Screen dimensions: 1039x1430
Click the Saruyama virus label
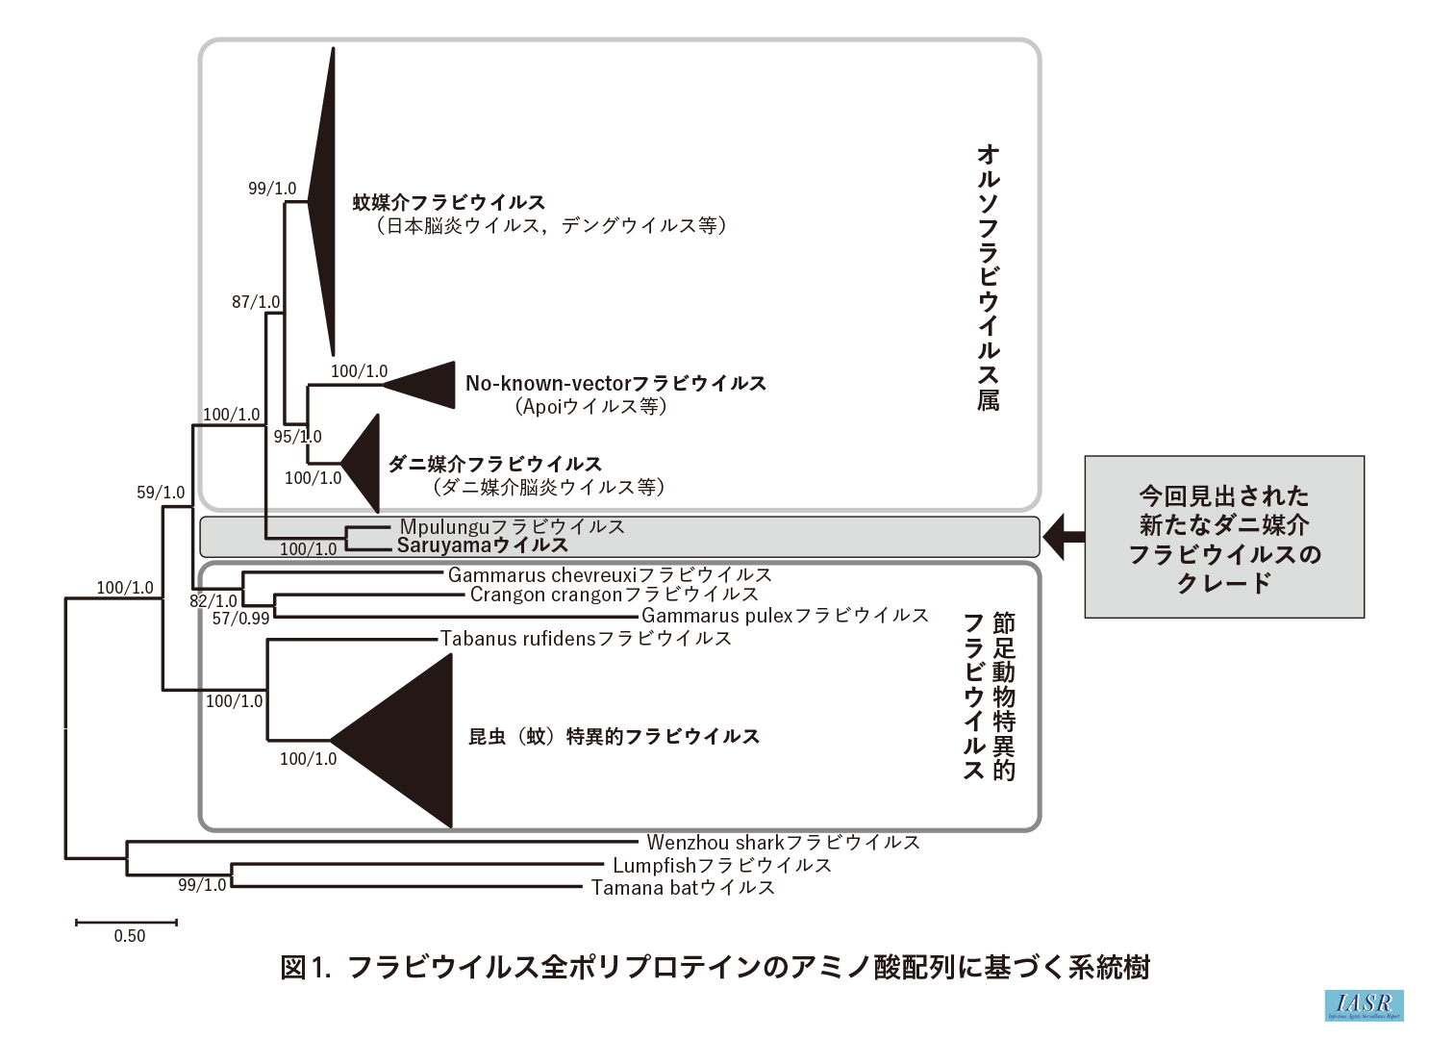pos(482,545)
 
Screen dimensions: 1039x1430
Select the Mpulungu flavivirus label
pos(512,526)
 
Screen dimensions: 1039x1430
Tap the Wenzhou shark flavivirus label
pos(783,843)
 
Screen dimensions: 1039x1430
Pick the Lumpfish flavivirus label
pos(721,865)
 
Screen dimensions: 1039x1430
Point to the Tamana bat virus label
pos(683,887)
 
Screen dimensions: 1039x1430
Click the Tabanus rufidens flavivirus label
pos(586,638)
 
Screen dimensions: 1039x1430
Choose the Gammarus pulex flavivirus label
pos(785,615)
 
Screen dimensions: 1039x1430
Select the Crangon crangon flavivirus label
pos(614,595)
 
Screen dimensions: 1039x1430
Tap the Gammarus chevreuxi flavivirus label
pos(610,574)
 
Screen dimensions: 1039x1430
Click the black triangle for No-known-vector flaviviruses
pos(428,385)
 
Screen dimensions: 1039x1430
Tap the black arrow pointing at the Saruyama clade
pos(1065,536)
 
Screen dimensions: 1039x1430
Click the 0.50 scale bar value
pos(129,936)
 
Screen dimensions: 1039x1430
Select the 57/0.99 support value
pos(240,619)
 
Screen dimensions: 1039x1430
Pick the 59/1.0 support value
pos(161,494)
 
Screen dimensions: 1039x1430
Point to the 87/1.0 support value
pos(256,302)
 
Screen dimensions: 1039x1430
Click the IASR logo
pos(1364,1004)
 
